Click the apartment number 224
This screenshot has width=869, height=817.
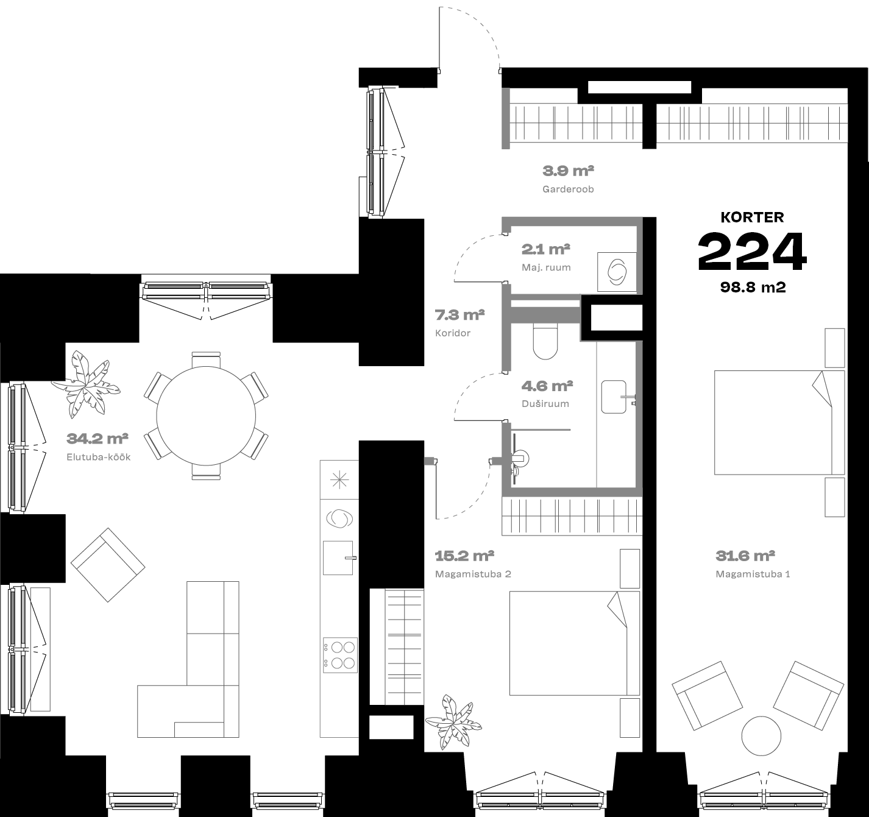point(752,252)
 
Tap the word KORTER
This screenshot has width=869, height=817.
point(752,217)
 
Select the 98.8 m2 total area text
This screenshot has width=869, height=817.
point(753,287)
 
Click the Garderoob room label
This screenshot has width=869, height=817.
point(568,189)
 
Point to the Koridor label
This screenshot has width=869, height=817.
point(453,333)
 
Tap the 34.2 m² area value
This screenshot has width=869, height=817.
point(97,438)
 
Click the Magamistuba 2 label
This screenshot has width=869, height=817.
point(473,574)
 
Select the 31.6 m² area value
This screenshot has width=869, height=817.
point(745,556)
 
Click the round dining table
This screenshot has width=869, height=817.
point(206,416)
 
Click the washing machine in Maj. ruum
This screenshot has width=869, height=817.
point(617,272)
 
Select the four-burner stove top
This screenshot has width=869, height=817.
point(340,655)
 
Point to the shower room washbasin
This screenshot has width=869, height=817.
point(615,397)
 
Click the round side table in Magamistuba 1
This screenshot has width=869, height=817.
point(761,735)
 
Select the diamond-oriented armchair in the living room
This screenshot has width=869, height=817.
point(108,565)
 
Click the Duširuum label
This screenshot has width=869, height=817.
point(545,404)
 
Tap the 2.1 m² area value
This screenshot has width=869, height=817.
point(545,249)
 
